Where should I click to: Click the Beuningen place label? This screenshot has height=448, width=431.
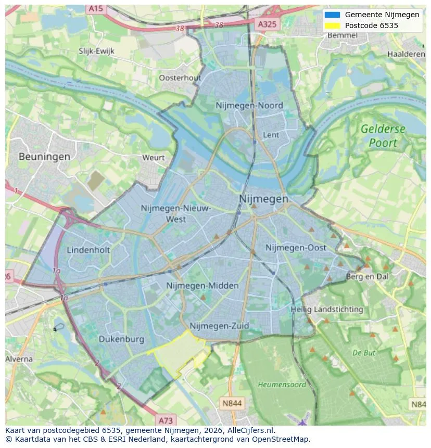tap(44, 156)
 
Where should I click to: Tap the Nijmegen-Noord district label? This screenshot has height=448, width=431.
tap(249, 106)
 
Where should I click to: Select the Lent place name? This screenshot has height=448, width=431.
tap(271, 135)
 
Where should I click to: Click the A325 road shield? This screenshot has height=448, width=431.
tap(268, 24)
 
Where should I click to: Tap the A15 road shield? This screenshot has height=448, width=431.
tap(96, 8)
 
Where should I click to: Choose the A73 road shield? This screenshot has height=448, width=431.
tap(166, 420)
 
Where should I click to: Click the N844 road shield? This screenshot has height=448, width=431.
tap(232, 403)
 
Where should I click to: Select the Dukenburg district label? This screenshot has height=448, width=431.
tap(121, 339)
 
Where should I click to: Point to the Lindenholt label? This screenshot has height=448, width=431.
tap(88, 250)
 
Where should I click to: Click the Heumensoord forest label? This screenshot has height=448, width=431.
tap(282, 385)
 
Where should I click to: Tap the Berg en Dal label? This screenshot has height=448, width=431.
tap(367, 277)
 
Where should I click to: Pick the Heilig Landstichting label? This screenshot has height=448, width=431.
tap(327, 310)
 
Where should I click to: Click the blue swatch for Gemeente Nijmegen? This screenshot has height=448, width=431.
tap(332, 15)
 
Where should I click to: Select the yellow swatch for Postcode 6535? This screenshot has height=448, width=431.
tap(332, 25)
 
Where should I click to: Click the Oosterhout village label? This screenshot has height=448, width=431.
tap(180, 78)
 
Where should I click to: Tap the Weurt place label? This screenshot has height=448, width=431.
tap(153, 157)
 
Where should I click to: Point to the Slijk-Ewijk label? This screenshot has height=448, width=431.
tap(96, 51)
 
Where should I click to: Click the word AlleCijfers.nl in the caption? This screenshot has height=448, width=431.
tap(248, 430)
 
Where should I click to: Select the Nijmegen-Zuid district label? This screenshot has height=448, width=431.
tap(219, 326)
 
